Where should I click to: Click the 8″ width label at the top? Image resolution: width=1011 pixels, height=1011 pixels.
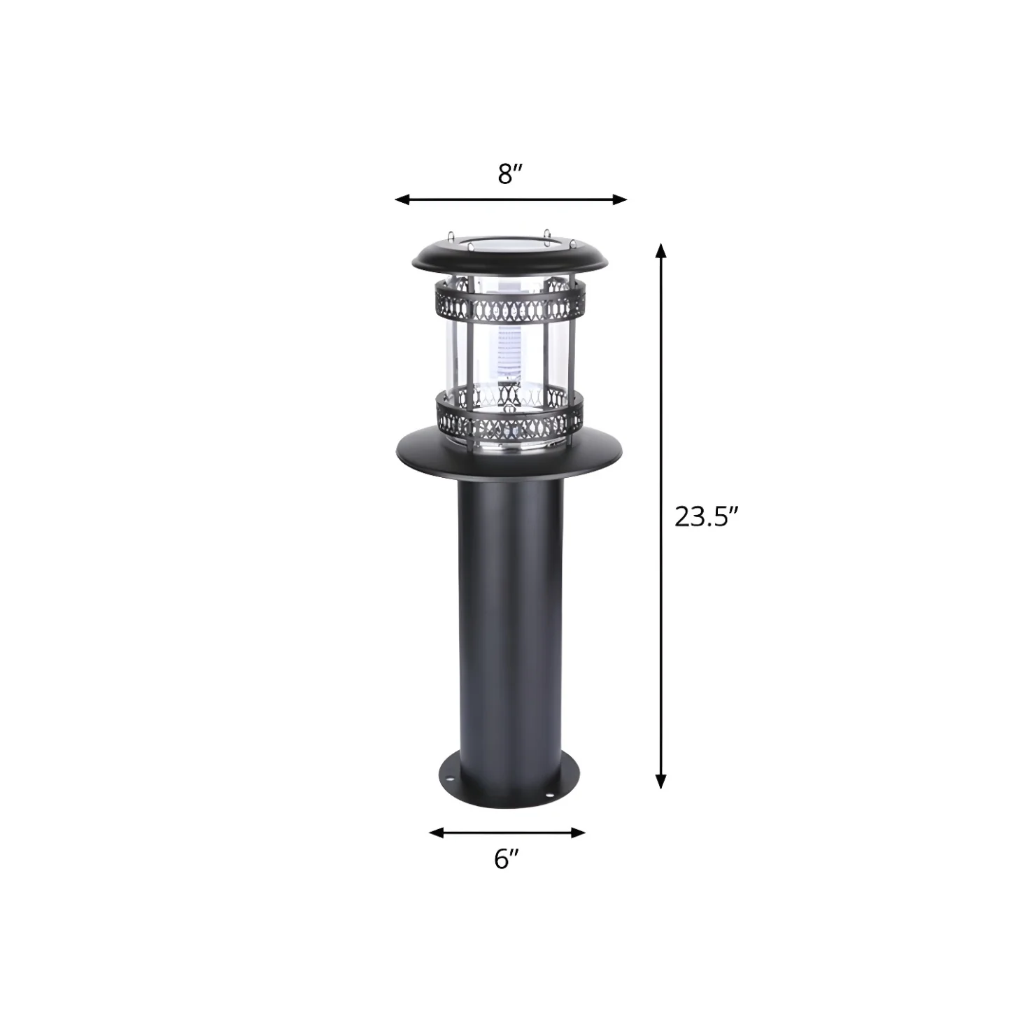pyautogui.click(x=510, y=174)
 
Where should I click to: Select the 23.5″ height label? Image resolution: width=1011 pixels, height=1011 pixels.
pyautogui.click(x=706, y=517)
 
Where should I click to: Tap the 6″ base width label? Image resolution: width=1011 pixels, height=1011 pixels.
pyautogui.click(x=507, y=858)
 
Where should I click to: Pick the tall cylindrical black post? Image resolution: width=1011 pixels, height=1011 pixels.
pyautogui.click(x=509, y=616)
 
